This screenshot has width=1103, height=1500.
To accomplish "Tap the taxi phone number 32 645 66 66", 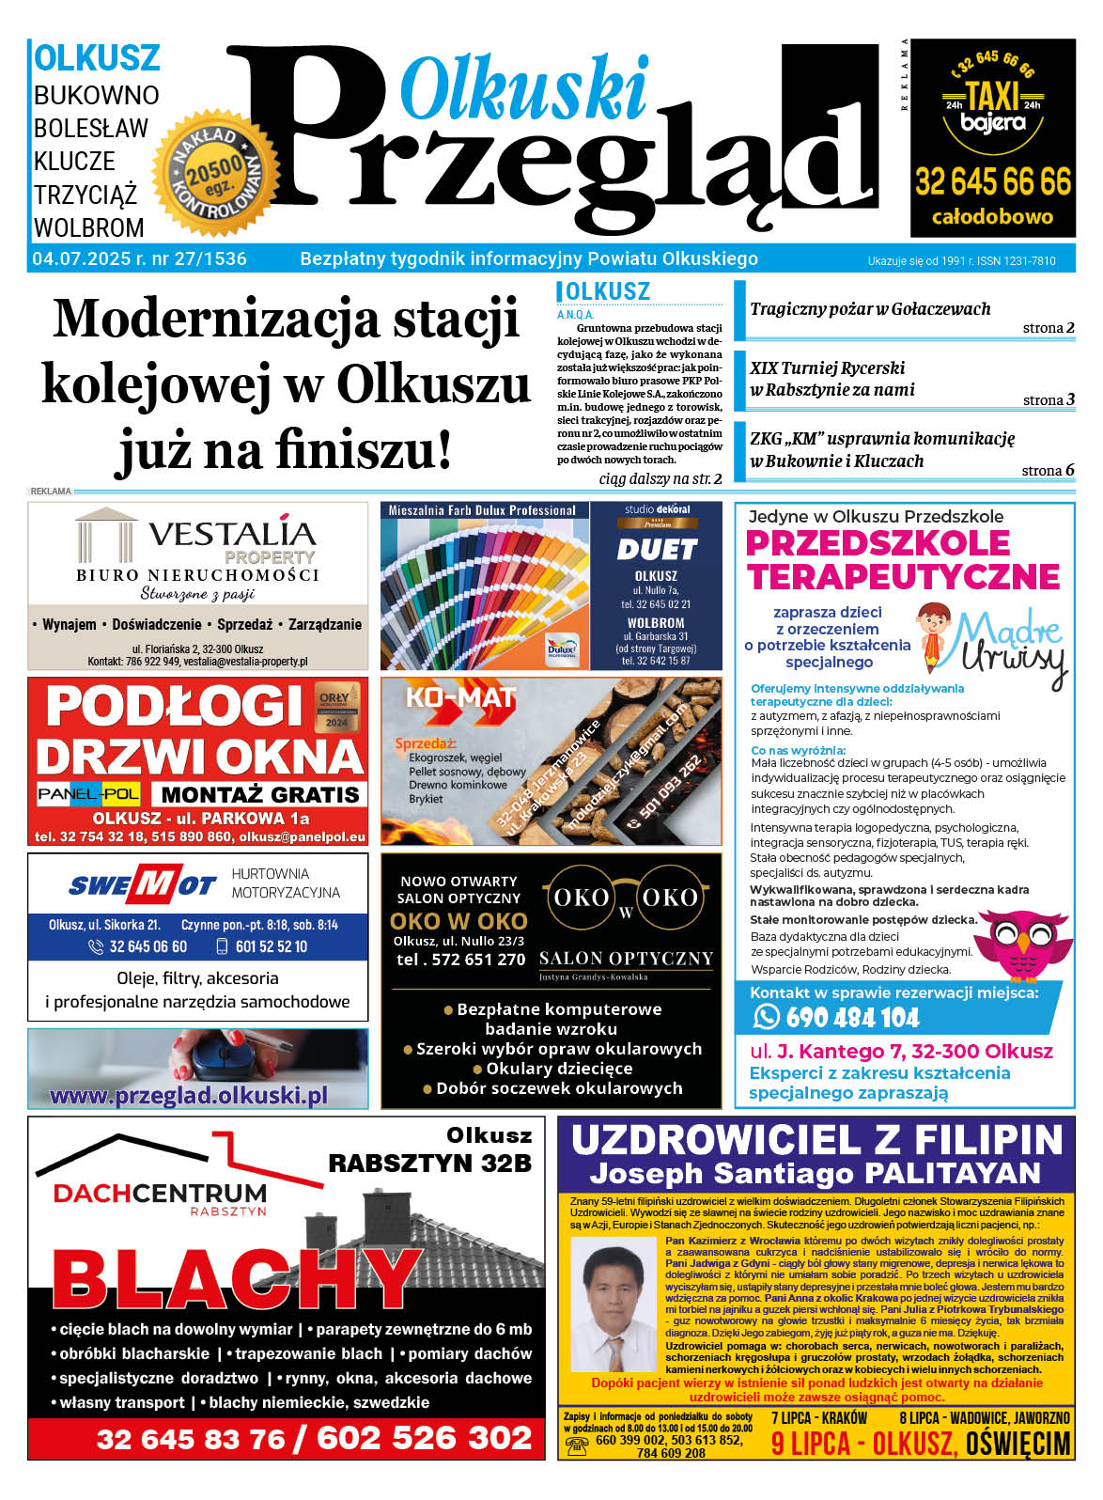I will tap(992, 181).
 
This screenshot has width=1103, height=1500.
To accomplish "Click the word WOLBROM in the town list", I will tap(89, 228).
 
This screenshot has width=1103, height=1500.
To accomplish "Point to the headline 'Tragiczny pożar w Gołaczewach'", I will tap(870, 309).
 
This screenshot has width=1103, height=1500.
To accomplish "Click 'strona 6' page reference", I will tap(1048, 471).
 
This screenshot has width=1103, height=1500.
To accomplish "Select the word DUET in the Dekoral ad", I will tap(656, 550).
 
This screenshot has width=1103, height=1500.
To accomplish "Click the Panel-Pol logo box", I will tap(89, 794).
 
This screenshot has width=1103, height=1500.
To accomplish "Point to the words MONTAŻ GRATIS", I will tap(259, 794).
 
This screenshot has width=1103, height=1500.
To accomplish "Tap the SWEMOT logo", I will tap(142, 885).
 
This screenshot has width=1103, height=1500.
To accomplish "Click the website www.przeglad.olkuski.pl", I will tap(188, 1096).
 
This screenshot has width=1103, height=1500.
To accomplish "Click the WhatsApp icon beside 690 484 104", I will tap(767, 1017).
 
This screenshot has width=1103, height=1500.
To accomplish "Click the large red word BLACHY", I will tap(233, 1281).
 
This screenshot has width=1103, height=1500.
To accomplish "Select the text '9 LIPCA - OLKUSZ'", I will tap(863, 1444).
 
